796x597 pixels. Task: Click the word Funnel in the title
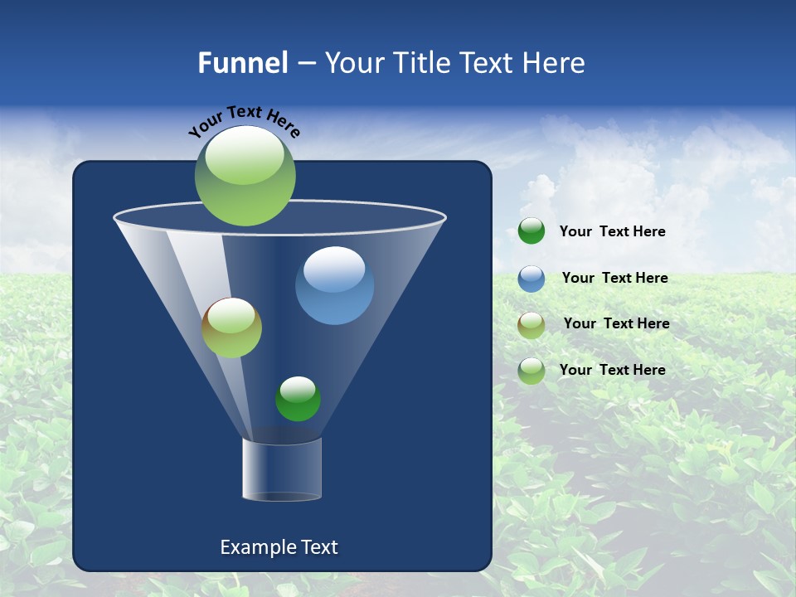click(x=242, y=63)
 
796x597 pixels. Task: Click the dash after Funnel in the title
click(x=305, y=63)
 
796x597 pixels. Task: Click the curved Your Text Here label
click(x=244, y=121)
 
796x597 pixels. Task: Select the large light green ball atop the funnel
click(x=245, y=176)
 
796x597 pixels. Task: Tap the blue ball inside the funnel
click(x=334, y=286)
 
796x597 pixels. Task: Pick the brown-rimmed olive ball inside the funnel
click(x=231, y=328)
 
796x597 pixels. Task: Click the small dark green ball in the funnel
click(x=298, y=399)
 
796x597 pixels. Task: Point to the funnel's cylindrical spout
click(x=282, y=468)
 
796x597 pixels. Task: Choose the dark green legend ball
click(x=531, y=231)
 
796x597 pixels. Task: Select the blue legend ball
click(x=531, y=279)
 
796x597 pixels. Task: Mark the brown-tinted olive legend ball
click(x=531, y=324)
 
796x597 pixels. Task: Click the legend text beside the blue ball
click(x=614, y=279)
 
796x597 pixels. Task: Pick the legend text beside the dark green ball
click(x=612, y=232)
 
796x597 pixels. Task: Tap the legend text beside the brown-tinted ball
click(x=616, y=324)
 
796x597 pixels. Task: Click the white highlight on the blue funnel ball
click(x=334, y=268)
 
